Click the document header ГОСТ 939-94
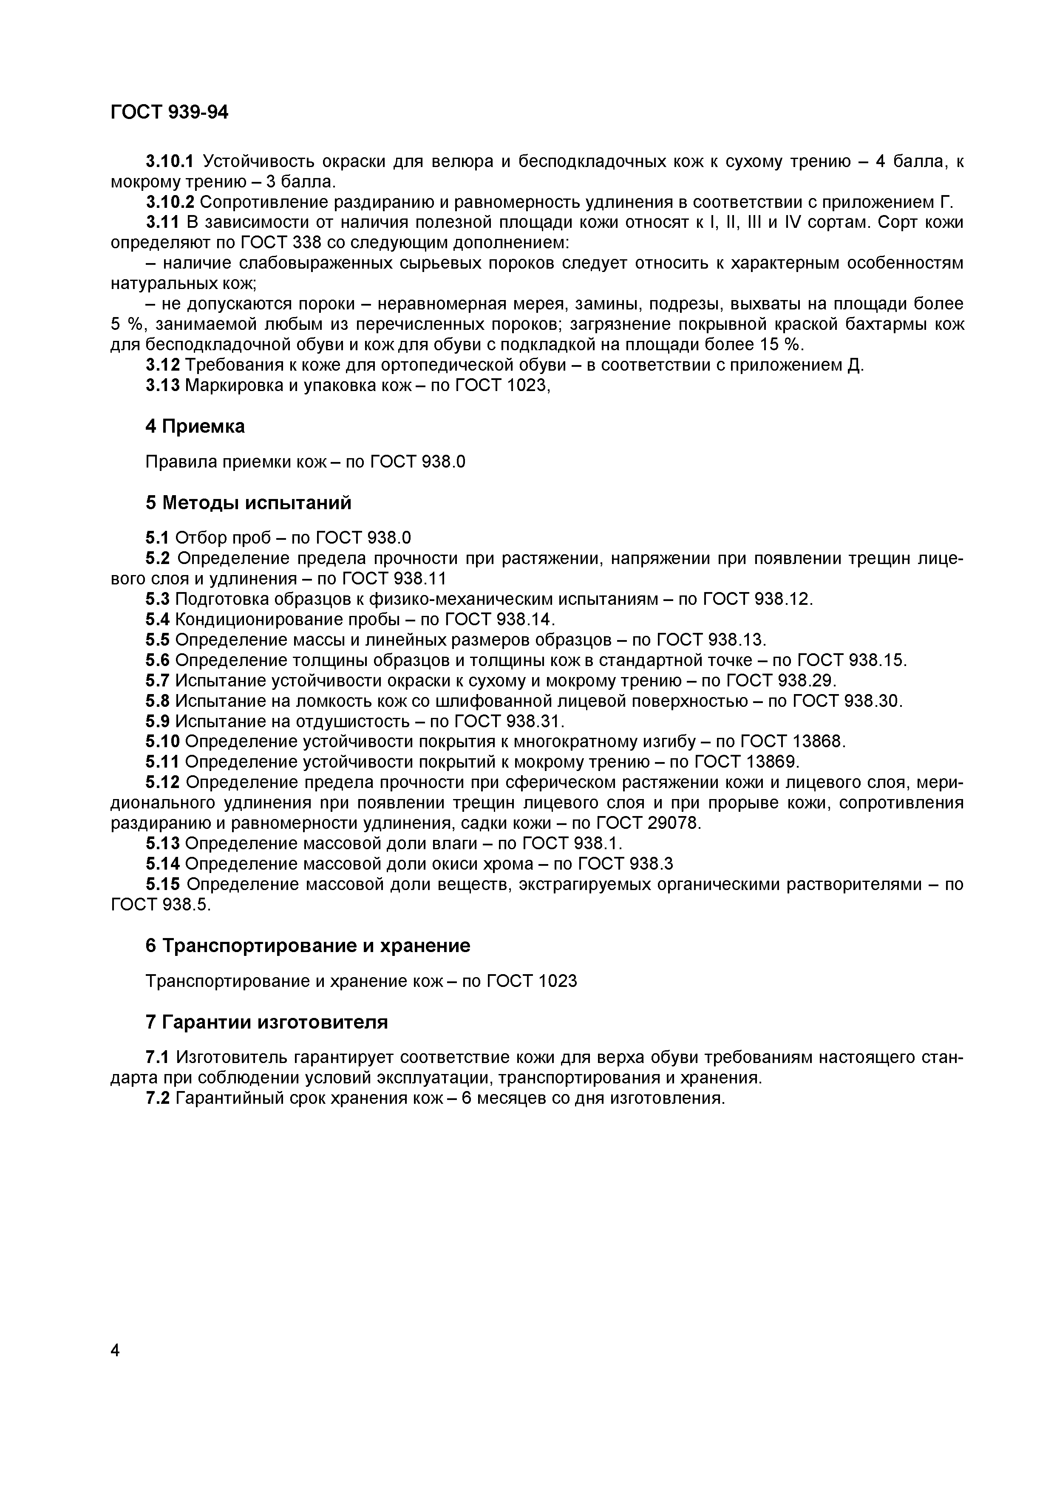(x=170, y=112)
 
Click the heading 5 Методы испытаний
(x=248, y=503)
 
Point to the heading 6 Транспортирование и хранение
(x=307, y=946)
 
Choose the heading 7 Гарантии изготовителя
(x=266, y=1022)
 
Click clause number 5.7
(x=157, y=680)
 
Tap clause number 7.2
(x=157, y=1098)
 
